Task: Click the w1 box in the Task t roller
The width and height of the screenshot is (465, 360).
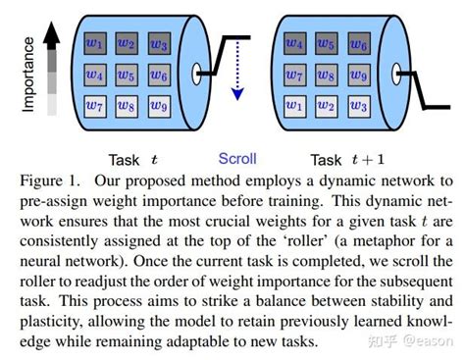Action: [93, 43]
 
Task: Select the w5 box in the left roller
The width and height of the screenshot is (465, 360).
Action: [125, 74]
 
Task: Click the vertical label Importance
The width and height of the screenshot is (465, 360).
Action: [27, 74]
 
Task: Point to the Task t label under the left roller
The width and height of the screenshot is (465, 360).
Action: [132, 159]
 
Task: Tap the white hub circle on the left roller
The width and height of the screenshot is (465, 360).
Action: [199, 72]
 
